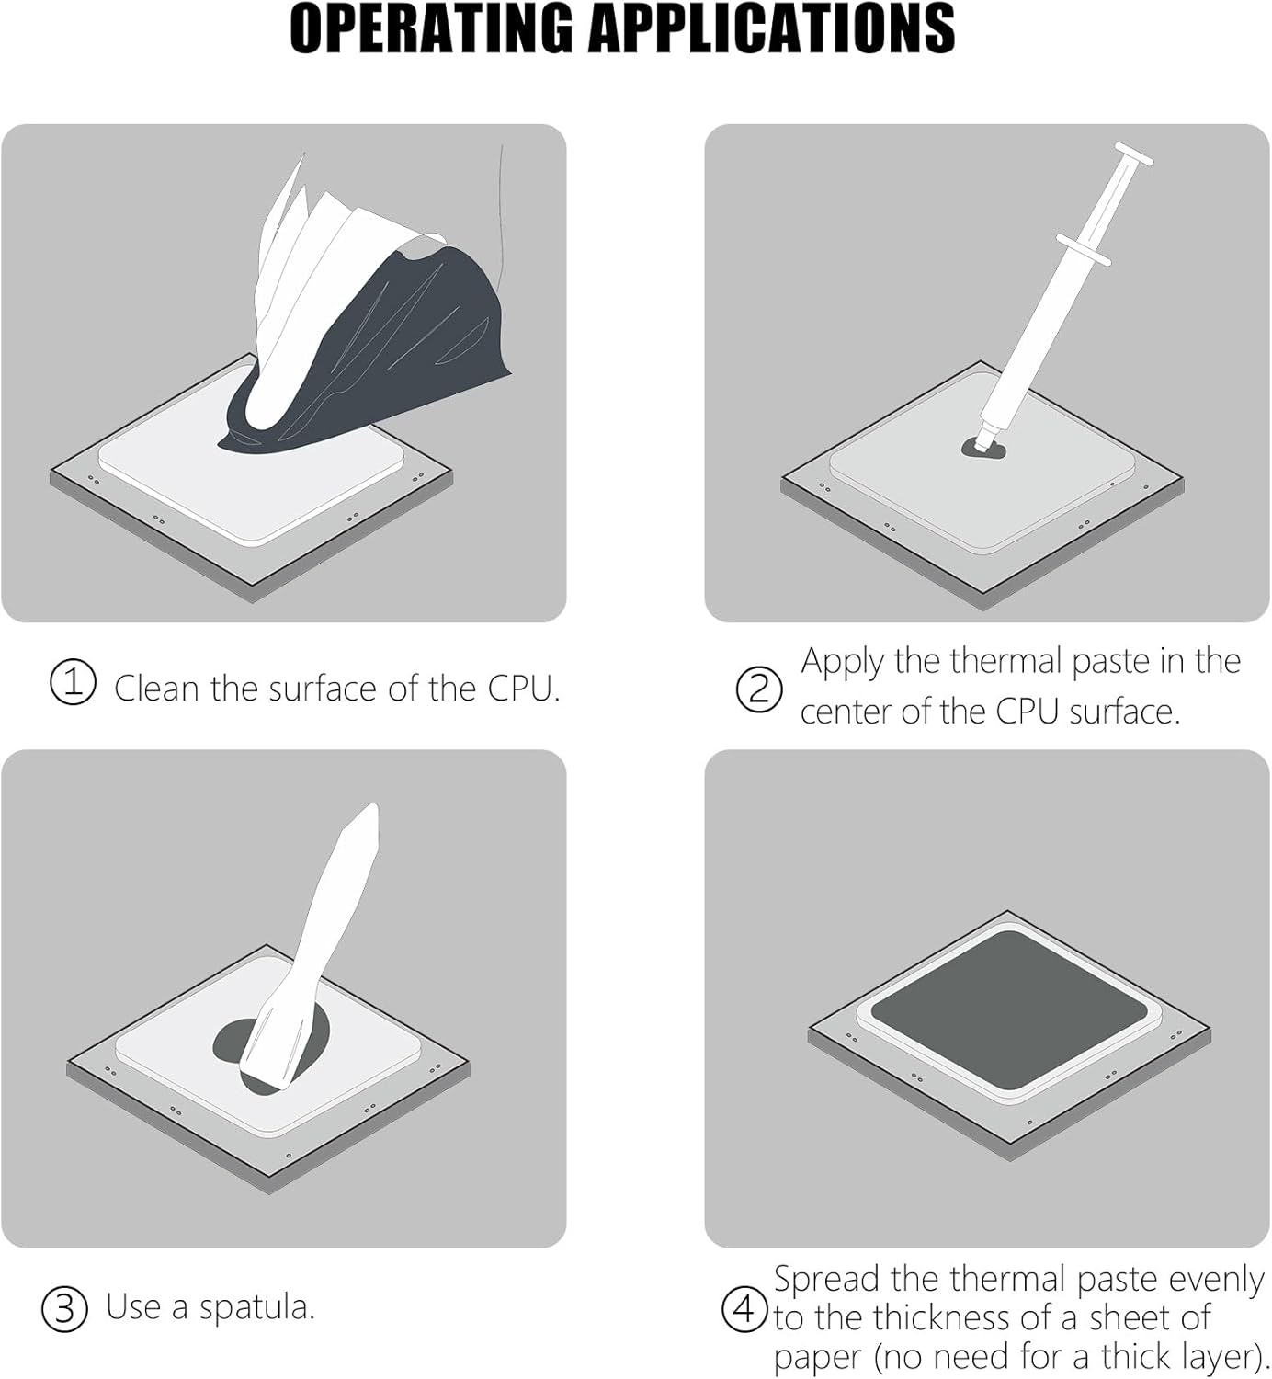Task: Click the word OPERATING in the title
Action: coord(431,28)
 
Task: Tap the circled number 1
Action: coord(73,682)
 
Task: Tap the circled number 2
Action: coord(759,689)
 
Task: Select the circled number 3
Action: coord(64,1309)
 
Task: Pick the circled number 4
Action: coord(744,1309)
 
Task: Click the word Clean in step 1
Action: coord(157,688)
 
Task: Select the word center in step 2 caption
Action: coord(846,712)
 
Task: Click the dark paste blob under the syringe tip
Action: coord(983,450)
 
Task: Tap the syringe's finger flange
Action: coord(1084,250)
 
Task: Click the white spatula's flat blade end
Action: coord(271,1063)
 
